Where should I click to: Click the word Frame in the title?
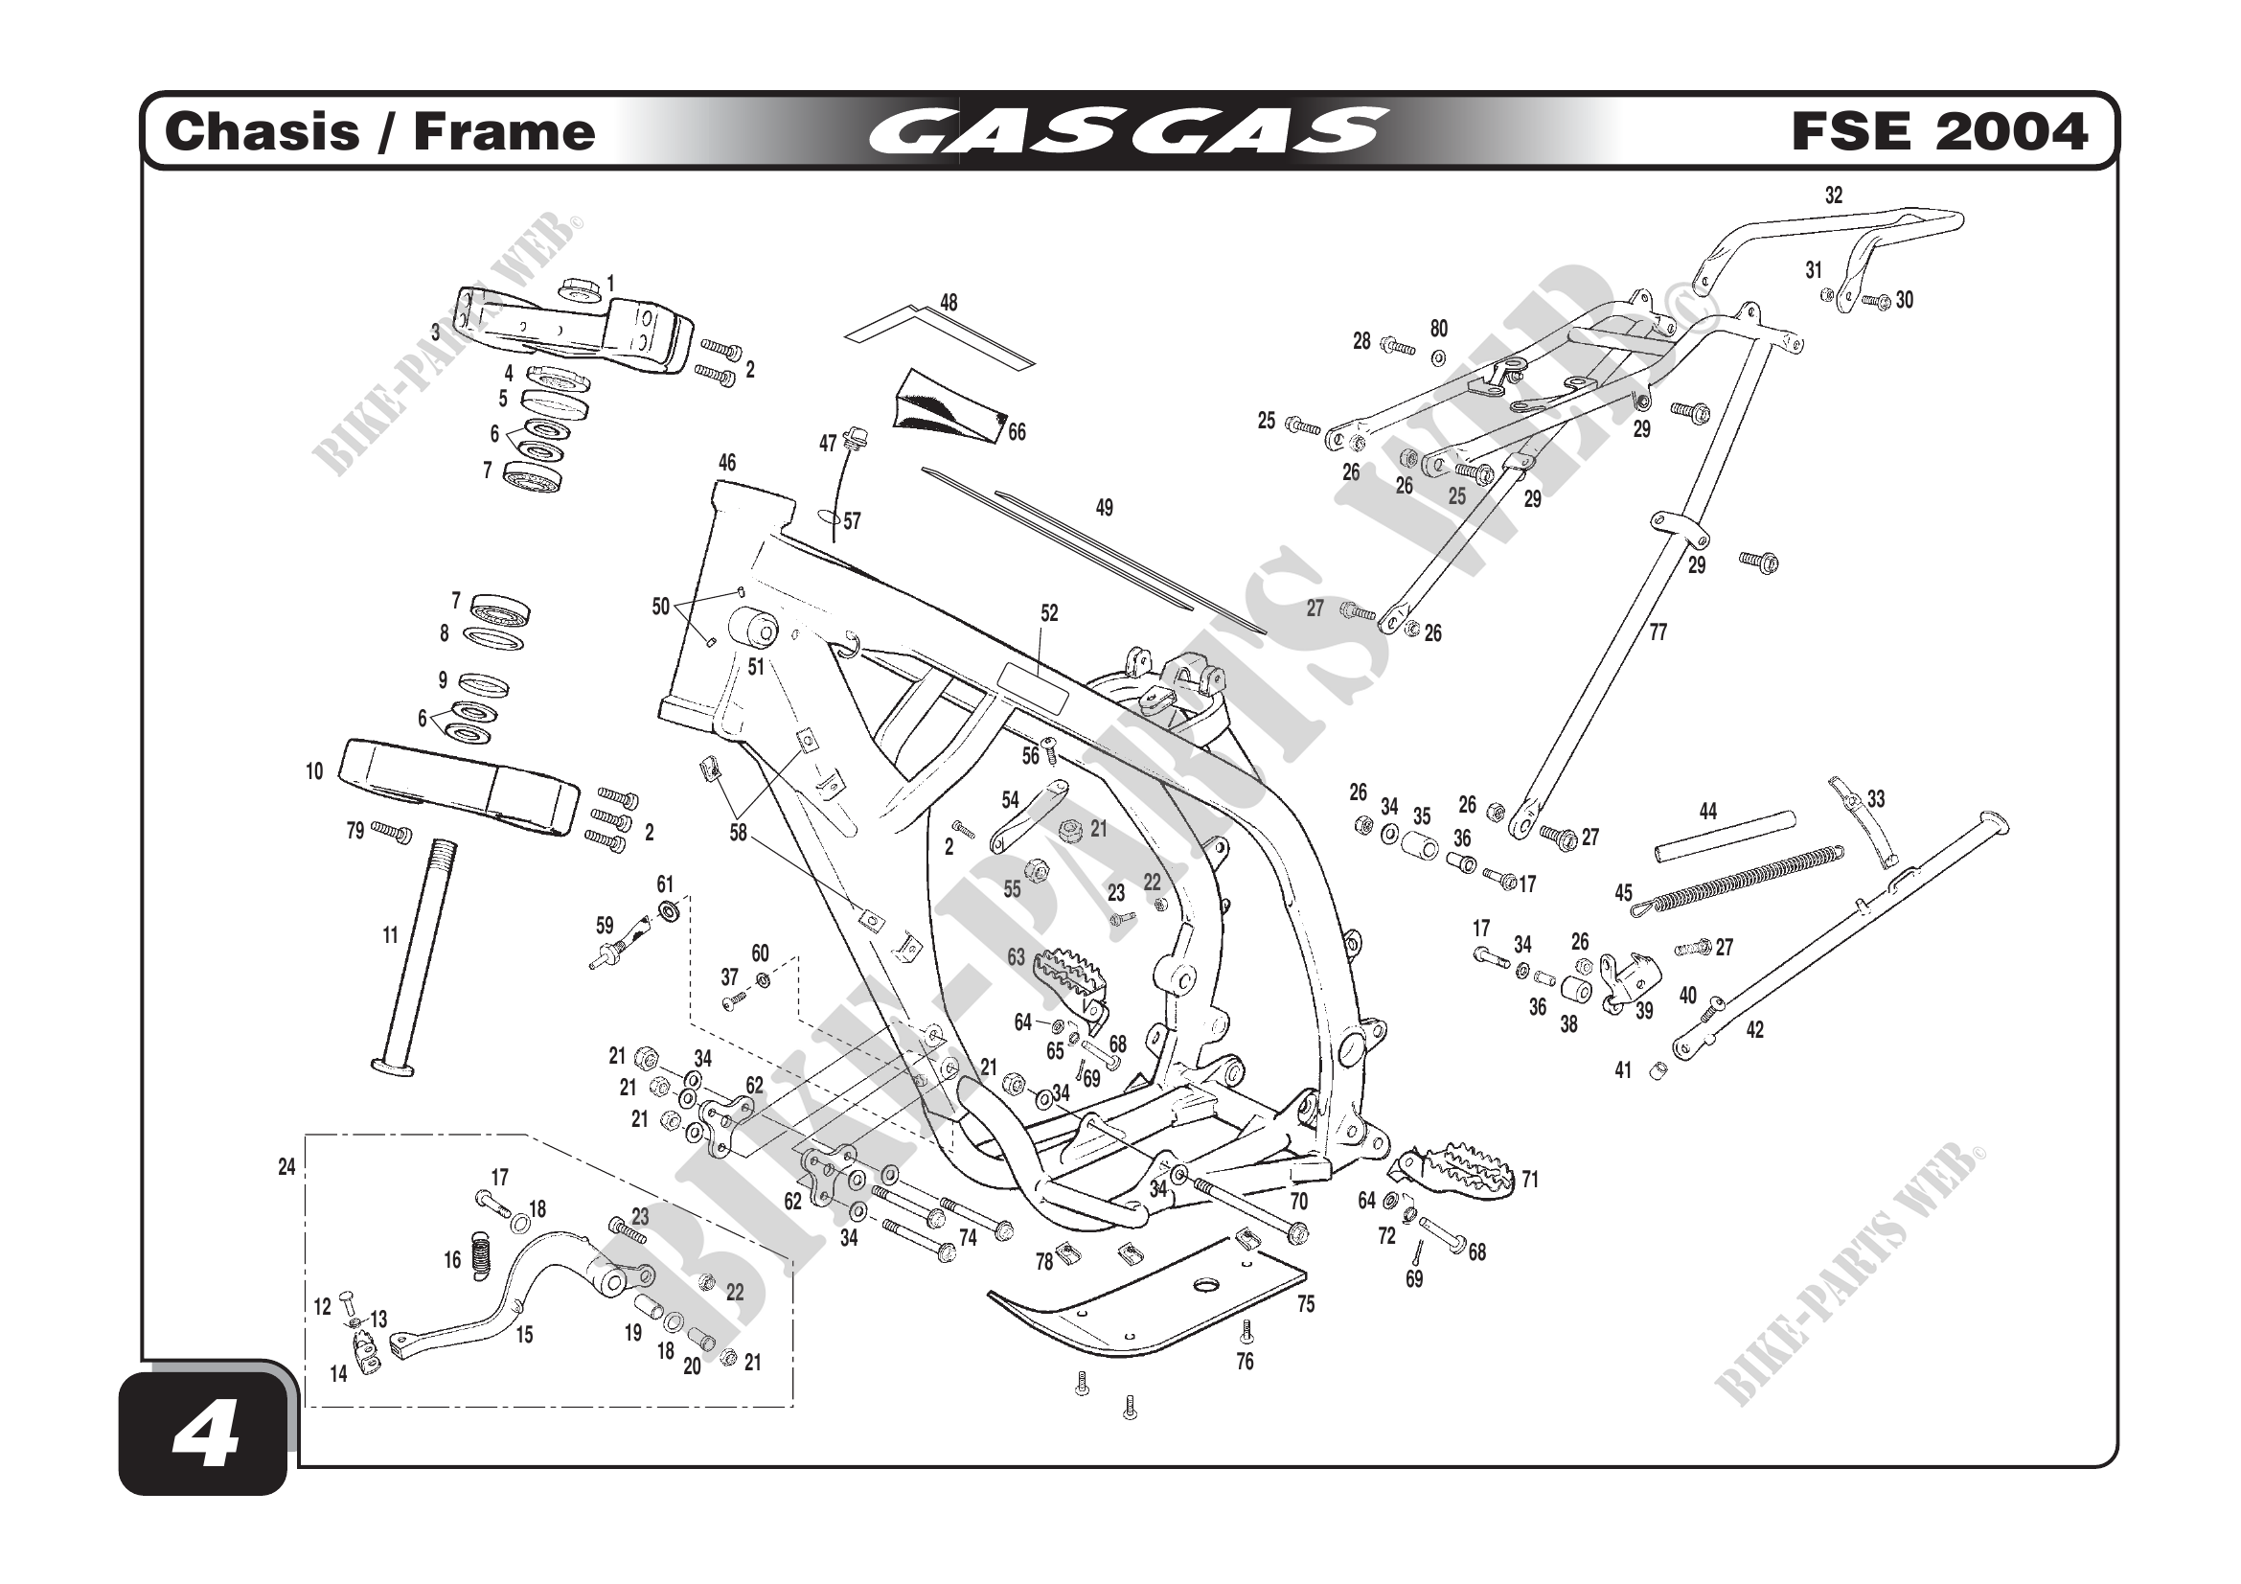click(x=504, y=131)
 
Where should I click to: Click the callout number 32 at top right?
click(x=1834, y=195)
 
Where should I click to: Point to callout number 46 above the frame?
click(x=727, y=463)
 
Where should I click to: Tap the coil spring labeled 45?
click(x=1737, y=882)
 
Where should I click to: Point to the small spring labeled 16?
click(x=480, y=1255)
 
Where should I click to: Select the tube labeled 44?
click(x=1725, y=838)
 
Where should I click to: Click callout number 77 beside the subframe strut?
click(x=1658, y=632)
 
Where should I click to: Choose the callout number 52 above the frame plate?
click(x=1049, y=613)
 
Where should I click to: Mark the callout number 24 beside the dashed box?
click(x=286, y=1167)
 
